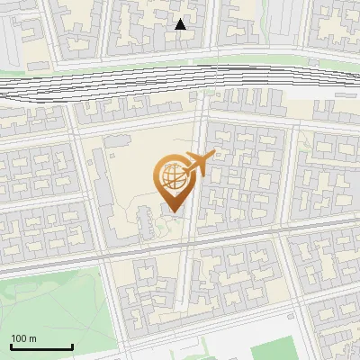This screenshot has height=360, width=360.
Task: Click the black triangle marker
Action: (180, 24)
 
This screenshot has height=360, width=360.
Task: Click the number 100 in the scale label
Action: (19, 338)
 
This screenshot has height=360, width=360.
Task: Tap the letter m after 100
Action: (32, 338)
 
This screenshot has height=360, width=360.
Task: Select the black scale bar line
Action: (41, 347)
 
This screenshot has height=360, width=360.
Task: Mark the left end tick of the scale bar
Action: (11, 346)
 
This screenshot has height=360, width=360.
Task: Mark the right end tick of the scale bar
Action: (72, 346)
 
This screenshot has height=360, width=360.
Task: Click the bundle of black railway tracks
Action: (135, 82)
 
